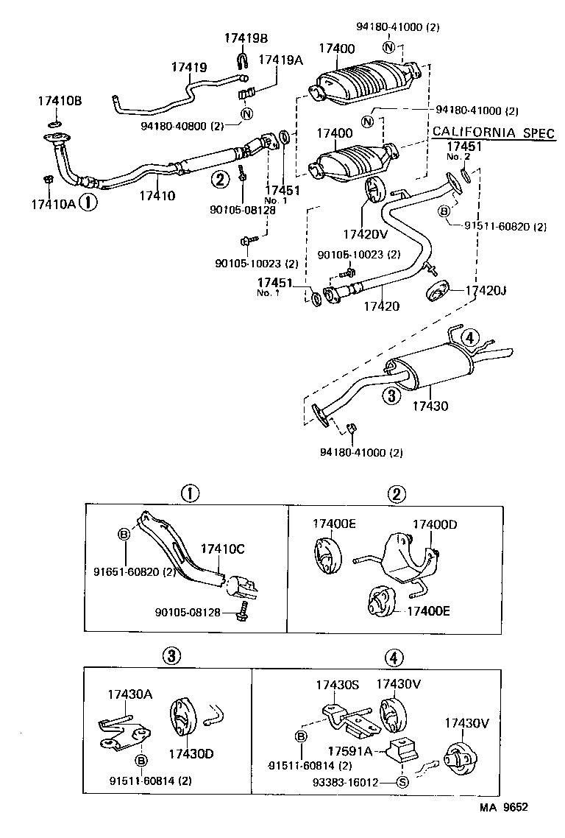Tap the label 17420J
click(x=486, y=291)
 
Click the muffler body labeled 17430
click(x=430, y=368)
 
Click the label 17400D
click(x=434, y=524)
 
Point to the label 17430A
click(x=130, y=694)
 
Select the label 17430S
click(x=337, y=685)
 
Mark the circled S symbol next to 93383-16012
click(x=402, y=782)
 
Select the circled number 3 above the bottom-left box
click(x=170, y=656)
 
